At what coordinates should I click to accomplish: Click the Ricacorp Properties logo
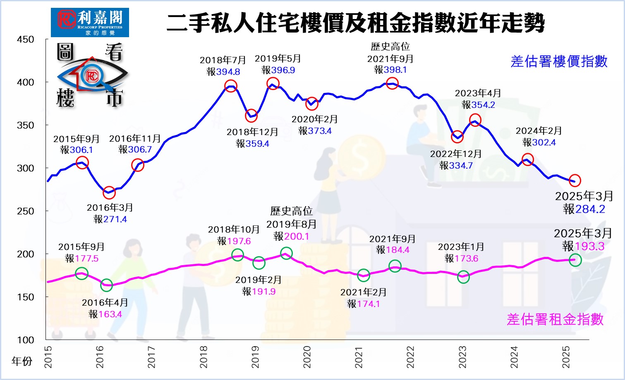point(90,22)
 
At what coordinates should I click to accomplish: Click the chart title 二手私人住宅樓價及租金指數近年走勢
point(356,23)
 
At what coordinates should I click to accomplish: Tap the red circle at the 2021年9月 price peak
point(392,83)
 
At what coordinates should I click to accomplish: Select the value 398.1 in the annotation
point(395,70)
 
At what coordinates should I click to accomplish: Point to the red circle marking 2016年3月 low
point(109,192)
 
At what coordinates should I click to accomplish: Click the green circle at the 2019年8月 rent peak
point(286,253)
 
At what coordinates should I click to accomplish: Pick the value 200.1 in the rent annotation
point(297,236)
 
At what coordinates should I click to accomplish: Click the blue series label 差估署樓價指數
point(559,62)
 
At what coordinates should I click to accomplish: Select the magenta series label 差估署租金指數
point(555,319)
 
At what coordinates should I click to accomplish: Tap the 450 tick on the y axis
point(26,40)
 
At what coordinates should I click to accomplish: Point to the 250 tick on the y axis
point(26,211)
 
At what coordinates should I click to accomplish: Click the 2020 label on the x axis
point(307,356)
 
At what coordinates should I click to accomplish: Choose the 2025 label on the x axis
point(566,356)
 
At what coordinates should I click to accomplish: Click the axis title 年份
point(22,361)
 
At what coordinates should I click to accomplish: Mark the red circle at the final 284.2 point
point(575,180)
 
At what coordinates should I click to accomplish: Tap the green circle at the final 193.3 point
point(575,260)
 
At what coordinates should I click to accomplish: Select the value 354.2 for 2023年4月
point(483,105)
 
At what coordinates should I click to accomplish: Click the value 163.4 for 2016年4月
point(110,314)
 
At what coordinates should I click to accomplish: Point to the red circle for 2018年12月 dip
point(251,116)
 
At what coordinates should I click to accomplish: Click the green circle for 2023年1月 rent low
point(464,277)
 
